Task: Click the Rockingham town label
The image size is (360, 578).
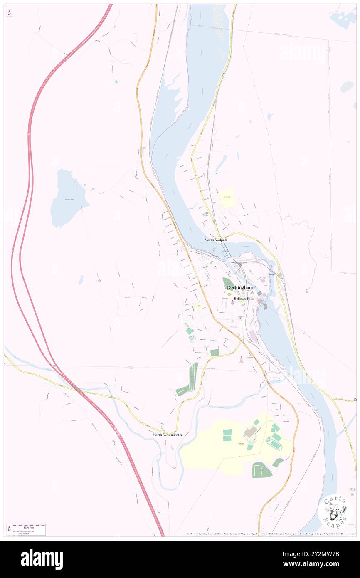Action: click(240, 287)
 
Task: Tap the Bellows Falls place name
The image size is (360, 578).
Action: click(243, 299)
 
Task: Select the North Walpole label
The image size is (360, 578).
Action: click(216, 240)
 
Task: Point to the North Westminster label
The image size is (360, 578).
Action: click(167, 435)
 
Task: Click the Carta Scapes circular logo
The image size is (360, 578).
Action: click(335, 511)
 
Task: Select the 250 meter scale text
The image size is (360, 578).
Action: click(27, 532)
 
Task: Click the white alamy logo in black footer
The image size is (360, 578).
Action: click(42, 559)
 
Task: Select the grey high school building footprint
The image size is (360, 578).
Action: click(250, 432)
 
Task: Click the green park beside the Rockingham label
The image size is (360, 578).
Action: click(228, 284)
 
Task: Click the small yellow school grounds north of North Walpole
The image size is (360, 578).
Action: click(227, 198)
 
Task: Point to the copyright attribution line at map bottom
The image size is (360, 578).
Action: click(270, 534)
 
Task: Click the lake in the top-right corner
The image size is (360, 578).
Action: click(344, 19)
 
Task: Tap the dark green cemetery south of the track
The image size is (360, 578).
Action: click(261, 470)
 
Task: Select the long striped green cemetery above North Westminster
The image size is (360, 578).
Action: click(189, 379)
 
